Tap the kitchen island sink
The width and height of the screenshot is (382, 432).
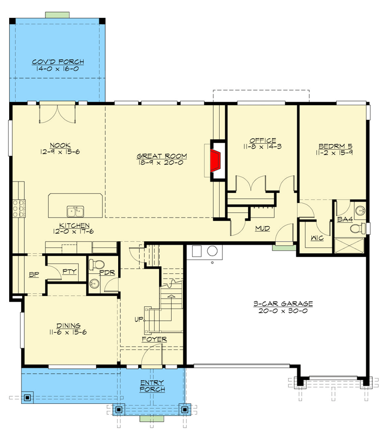point(75,210)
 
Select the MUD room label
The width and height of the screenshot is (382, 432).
point(262,228)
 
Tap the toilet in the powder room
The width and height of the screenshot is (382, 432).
point(96,265)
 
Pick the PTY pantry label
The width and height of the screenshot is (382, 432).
point(69,272)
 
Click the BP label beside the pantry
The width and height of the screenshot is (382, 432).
point(34,274)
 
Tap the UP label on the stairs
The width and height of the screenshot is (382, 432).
point(138,320)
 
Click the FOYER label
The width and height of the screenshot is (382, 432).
point(154,339)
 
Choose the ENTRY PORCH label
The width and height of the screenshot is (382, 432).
point(152,386)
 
